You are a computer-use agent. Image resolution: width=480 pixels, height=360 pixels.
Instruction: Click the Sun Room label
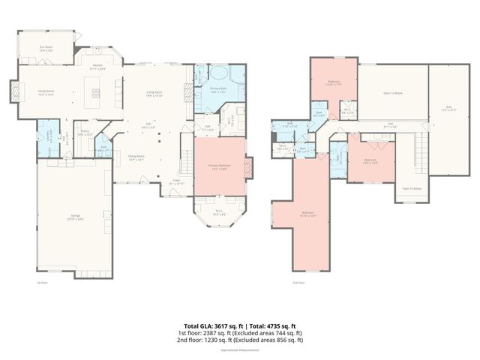(45, 48)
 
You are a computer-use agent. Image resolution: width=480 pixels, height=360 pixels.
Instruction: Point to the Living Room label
(154, 93)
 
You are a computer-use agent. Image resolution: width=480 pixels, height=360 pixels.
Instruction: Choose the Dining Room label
(136, 157)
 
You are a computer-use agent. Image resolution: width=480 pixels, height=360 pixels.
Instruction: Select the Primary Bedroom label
(219, 166)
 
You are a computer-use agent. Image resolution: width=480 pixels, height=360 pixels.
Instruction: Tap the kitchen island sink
(95, 92)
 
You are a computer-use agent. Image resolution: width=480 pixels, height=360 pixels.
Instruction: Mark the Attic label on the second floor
(449, 108)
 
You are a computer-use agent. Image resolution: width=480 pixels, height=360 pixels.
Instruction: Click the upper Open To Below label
(393, 94)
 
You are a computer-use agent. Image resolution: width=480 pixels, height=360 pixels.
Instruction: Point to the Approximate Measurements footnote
(239, 350)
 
